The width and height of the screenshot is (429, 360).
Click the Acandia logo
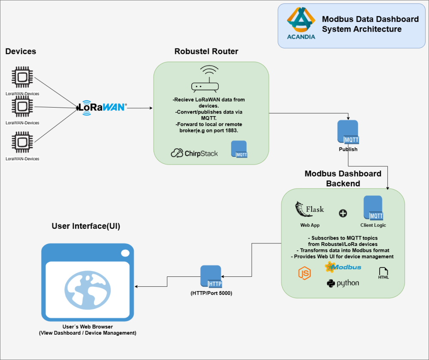click(x=301, y=23)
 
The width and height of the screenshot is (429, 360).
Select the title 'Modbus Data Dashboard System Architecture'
click(x=370, y=24)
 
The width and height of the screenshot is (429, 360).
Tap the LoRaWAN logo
click(x=102, y=107)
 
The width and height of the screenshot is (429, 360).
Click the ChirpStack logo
click(x=194, y=153)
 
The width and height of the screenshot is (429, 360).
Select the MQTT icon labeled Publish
click(x=347, y=132)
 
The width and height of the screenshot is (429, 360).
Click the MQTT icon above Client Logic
click(x=373, y=208)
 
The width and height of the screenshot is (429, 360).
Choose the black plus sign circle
click(x=343, y=213)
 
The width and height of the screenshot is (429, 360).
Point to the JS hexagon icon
click(x=305, y=273)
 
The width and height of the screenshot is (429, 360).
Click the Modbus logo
click(x=343, y=267)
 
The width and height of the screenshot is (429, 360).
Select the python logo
click(x=343, y=283)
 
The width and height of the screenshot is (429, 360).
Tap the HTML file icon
click(x=383, y=273)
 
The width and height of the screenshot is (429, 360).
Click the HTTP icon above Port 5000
click(x=211, y=277)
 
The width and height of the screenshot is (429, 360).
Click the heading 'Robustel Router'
click(x=206, y=51)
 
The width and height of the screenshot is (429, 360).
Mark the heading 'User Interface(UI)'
click(x=86, y=226)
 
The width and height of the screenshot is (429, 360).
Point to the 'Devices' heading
click(x=21, y=51)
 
